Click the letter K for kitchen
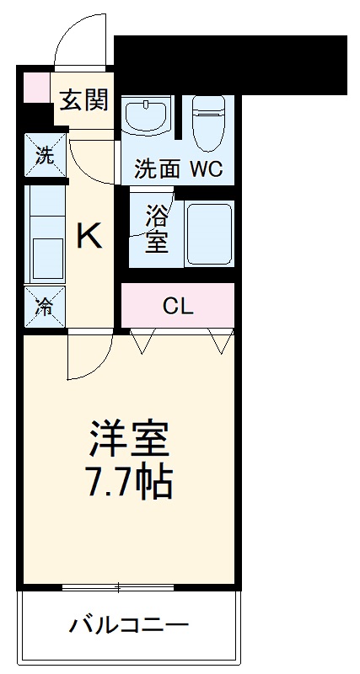(89, 237)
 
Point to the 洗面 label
(158, 168)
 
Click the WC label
(206, 168)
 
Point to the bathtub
(208, 233)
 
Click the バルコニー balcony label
(129, 626)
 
